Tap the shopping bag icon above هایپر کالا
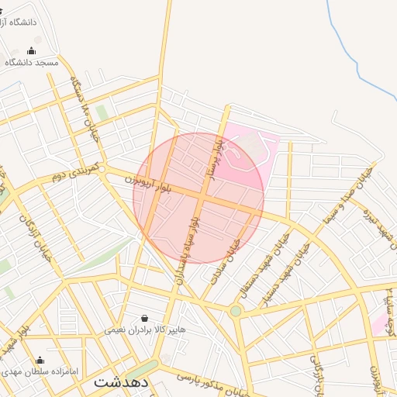click(x=145, y=318)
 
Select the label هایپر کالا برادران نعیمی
click(x=146, y=330)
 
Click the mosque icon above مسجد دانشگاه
click(x=31, y=51)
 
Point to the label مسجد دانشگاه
click(x=32, y=62)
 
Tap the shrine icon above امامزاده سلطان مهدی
click(x=40, y=361)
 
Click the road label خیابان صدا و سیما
click(x=357, y=193)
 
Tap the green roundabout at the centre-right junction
click(x=235, y=311)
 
